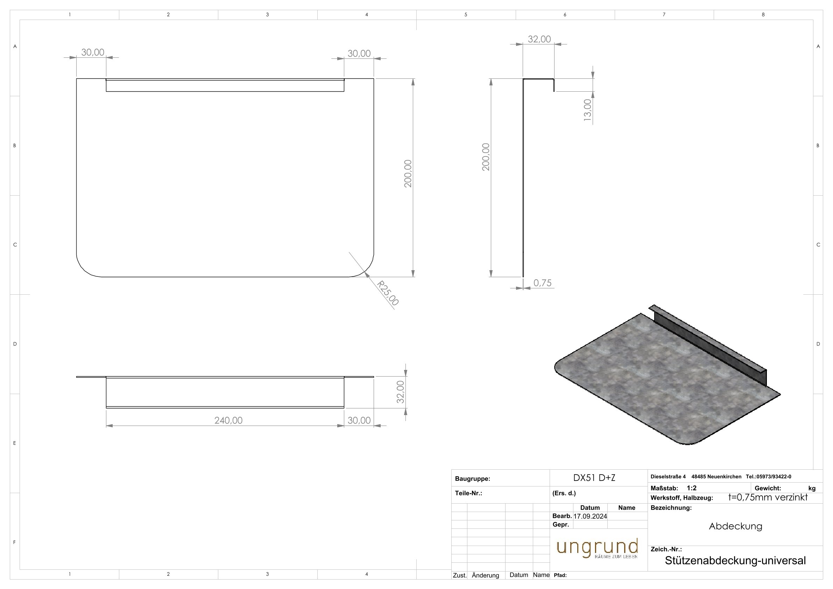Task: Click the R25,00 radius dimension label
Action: click(x=388, y=293)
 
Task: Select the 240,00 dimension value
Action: click(x=228, y=420)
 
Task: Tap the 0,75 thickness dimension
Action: click(x=542, y=283)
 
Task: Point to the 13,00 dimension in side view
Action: click(x=587, y=110)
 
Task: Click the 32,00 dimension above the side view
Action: click(x=539, y=39)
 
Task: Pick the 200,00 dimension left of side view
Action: click(x=486, y=157)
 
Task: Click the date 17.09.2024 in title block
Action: click(x=590, y=516)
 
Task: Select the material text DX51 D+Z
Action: click(x=594, y=478)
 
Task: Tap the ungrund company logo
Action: click(x=597, y=548)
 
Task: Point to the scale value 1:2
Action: click(x=692, y=488)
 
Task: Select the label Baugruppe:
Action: click(x=472, y=479)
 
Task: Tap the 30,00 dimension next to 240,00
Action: click(x=359, y=420)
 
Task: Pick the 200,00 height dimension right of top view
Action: click(x=408, y=174)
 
